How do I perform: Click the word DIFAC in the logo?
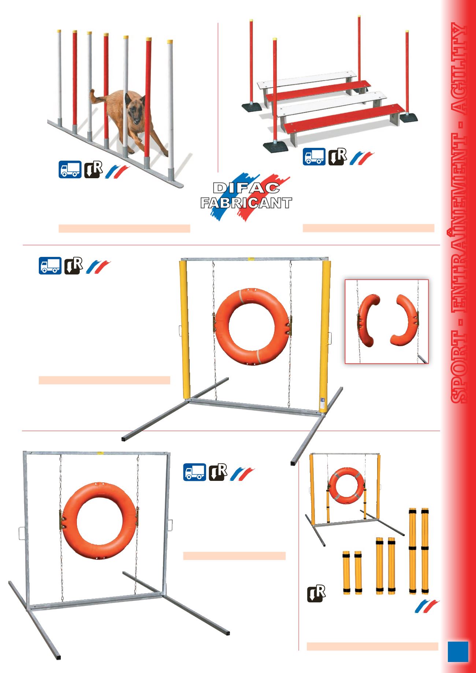[246, 188]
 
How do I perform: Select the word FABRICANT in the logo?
[246, 203]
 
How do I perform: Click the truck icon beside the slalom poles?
[70, 170]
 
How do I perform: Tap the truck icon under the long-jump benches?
[314, 157]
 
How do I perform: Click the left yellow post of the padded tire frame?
[185, 329]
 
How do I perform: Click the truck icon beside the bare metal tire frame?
[194, 472]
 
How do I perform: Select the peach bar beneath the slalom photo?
[124, 228]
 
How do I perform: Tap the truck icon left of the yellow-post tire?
[50, 266]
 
